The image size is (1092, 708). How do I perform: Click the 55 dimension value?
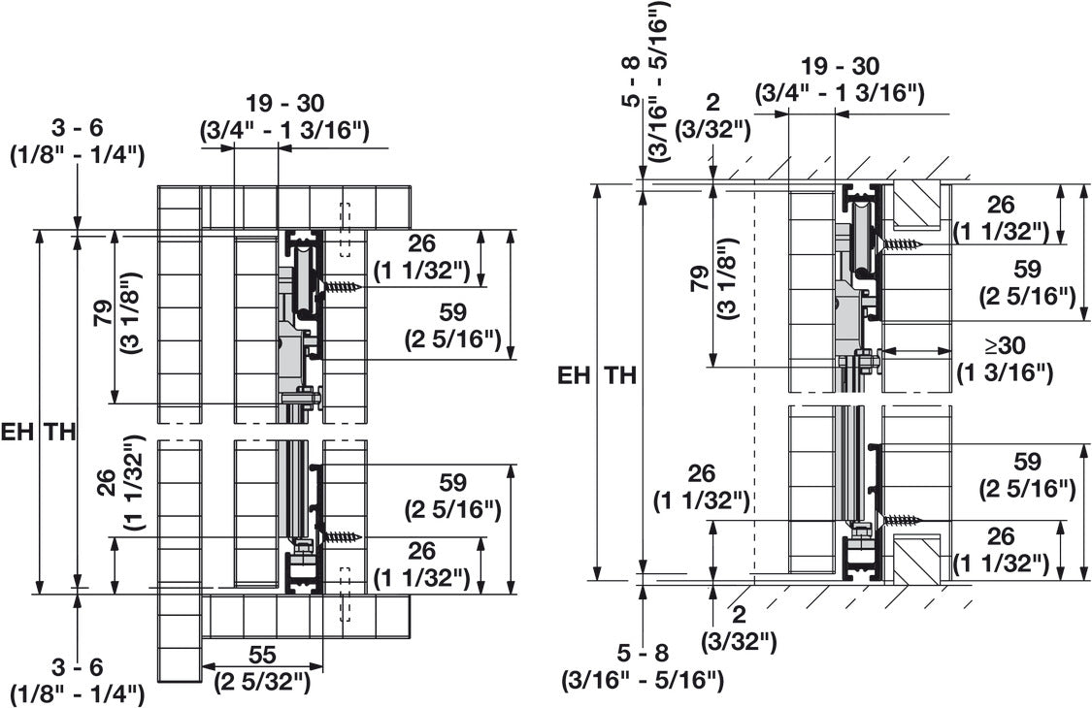[262, 655]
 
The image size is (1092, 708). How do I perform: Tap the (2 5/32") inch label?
[262, 681]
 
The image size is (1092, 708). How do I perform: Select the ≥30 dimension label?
[1005, 345]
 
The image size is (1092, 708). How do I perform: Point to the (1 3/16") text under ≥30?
[1004, 372]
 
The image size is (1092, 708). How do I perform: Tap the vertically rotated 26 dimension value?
[105, 483]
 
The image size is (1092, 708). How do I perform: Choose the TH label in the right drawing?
[619, 376]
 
